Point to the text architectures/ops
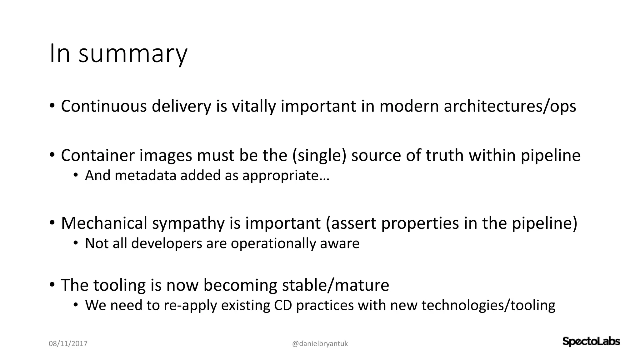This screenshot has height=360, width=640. [510, 106]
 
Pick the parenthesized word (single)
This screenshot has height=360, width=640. [319, 155]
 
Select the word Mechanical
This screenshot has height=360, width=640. [104, 223]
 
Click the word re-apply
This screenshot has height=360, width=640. [190, 305]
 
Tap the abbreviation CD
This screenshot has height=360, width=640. [283, 305]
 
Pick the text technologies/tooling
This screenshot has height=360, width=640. [488, 305]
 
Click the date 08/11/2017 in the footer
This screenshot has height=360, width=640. [68, 344]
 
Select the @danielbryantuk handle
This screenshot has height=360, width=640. [320, 344]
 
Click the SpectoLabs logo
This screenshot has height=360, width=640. [591, 342]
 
